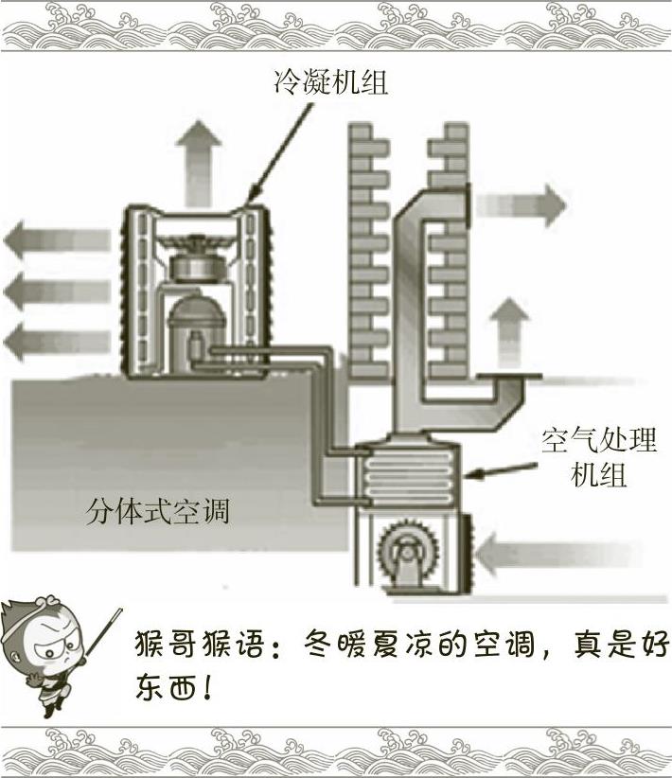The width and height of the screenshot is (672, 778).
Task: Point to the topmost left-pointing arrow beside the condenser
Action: coord(44,243)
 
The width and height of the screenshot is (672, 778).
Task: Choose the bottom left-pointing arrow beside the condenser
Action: coord(44,339)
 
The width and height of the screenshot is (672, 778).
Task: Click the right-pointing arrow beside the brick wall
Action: coord(520,204)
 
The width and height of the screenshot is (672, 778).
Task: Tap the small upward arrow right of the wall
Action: coord(512,331)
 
